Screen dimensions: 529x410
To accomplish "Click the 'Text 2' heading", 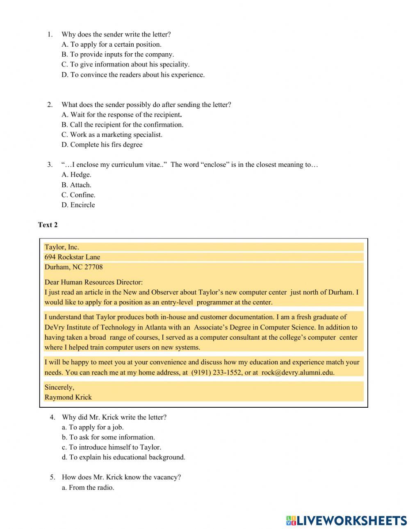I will tap(48, 225).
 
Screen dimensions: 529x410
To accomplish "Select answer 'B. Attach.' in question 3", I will tap(76, 185).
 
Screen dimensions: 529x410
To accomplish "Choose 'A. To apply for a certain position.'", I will tap(112, 44).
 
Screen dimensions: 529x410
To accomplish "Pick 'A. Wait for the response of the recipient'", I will tap(121, 115).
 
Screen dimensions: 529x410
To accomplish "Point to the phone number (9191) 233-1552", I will tap(216, 372).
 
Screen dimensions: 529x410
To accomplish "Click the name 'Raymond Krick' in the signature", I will tap(68, 397).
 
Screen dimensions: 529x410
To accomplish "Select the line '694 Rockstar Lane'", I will tap(72, 257).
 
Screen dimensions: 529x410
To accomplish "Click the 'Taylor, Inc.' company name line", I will tap(61, 247).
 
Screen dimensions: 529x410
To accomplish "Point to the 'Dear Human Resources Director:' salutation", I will tap(93, 282).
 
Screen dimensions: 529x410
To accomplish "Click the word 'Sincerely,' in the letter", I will tap(59, 387).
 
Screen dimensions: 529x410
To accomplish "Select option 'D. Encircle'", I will tap(78, 205).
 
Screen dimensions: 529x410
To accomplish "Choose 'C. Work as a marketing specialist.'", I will tap(112, 134).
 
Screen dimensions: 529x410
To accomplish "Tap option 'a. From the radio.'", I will tap(88, 487).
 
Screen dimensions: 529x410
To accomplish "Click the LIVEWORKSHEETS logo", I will tap(346, 520).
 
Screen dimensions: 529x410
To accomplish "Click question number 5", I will tap(52, 477).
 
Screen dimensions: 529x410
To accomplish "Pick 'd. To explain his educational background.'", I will tap(123, 457).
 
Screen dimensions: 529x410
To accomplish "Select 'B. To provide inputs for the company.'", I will tap(118, 54).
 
